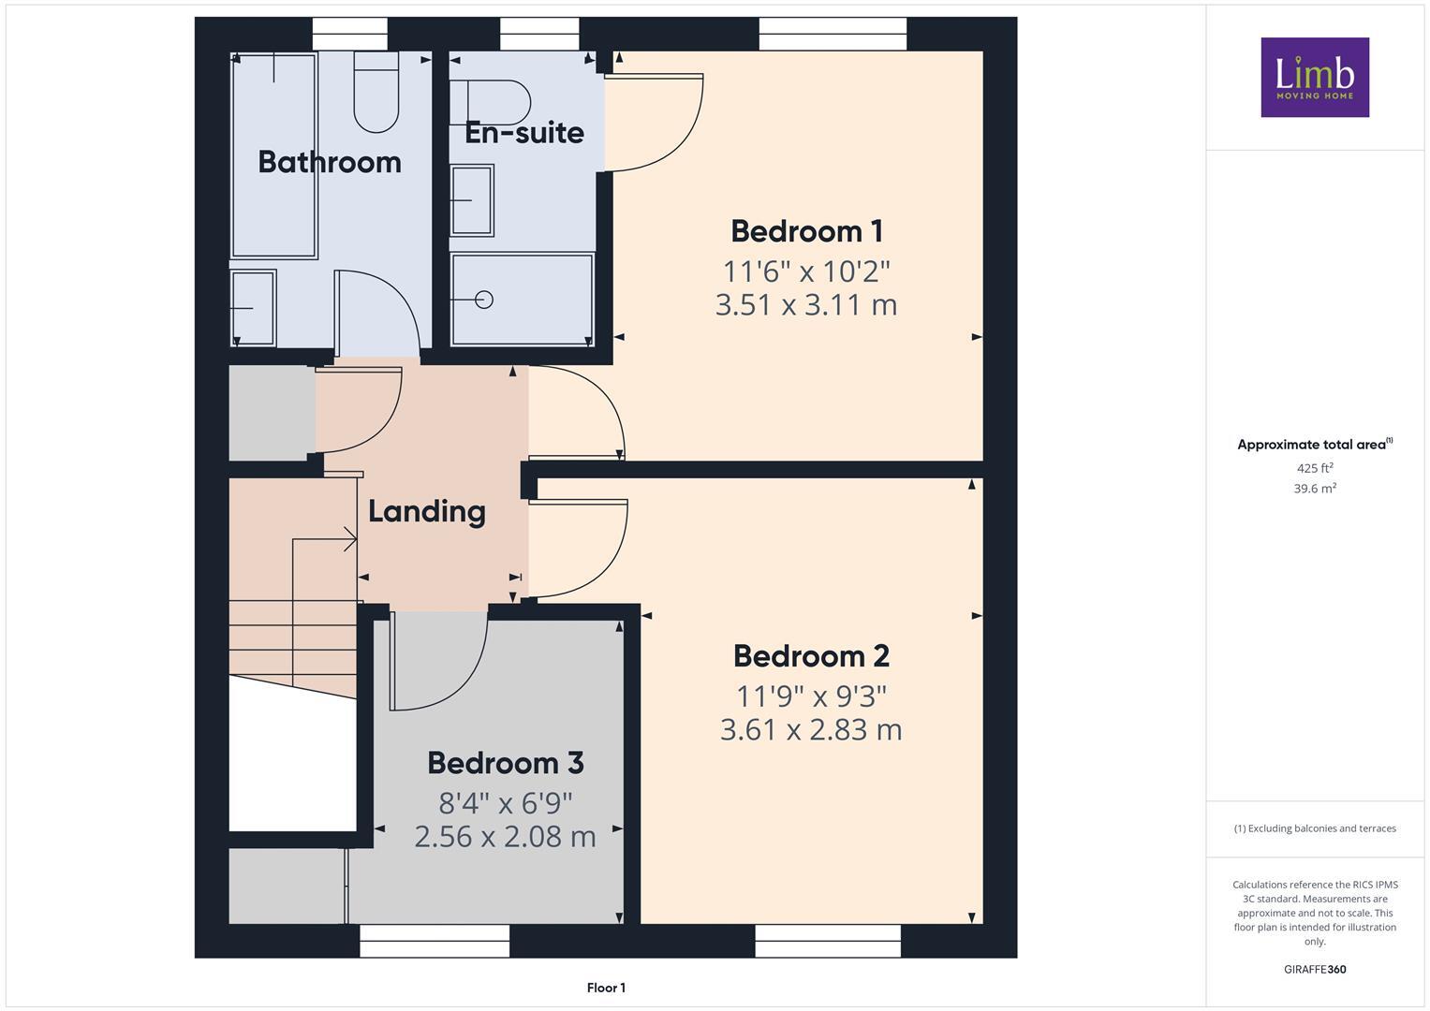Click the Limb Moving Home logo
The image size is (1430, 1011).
click(1314, 77)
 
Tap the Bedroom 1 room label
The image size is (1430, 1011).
click(806, 230)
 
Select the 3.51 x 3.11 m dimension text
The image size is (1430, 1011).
click(806, 305)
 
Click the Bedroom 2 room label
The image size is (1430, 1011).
click(811, 655)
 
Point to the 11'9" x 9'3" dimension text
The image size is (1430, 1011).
click(811, 696)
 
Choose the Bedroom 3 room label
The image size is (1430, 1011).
click(506, 762)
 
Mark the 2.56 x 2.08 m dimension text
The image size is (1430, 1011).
click(505, 836)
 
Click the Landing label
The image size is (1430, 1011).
click(426, 511)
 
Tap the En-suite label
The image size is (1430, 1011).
click(524, 132)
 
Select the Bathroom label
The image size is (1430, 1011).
click(330, 162)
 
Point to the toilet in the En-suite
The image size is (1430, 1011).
click(496, 101)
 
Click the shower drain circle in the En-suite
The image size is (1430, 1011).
click(484, 300)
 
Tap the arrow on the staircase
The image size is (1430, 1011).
click(349, 539)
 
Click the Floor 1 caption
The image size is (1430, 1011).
click(606, 988)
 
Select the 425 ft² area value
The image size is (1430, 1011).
click(1314, 468)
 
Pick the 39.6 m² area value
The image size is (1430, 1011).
click(1314, 489)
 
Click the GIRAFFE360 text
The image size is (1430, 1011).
click(1314, 969)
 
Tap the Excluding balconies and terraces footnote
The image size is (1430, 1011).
click(1314, 828)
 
